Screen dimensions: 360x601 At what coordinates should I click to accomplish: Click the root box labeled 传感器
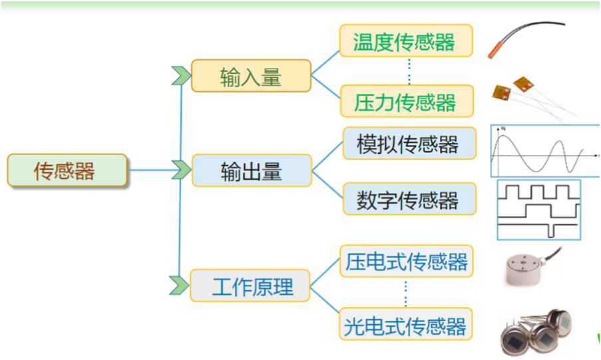point(67,170)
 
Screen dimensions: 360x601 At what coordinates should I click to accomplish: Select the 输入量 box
point(251,77)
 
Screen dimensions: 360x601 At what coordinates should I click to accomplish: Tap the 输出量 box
point(252,171)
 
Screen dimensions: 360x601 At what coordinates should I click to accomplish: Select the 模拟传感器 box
point(409,144)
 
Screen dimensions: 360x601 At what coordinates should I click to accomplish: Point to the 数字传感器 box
point(409,199)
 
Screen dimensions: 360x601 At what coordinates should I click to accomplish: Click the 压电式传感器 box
point(406,262)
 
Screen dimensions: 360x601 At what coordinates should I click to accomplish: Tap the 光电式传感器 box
point(406,325)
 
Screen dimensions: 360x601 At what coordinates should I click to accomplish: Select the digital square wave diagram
point(539,209)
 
